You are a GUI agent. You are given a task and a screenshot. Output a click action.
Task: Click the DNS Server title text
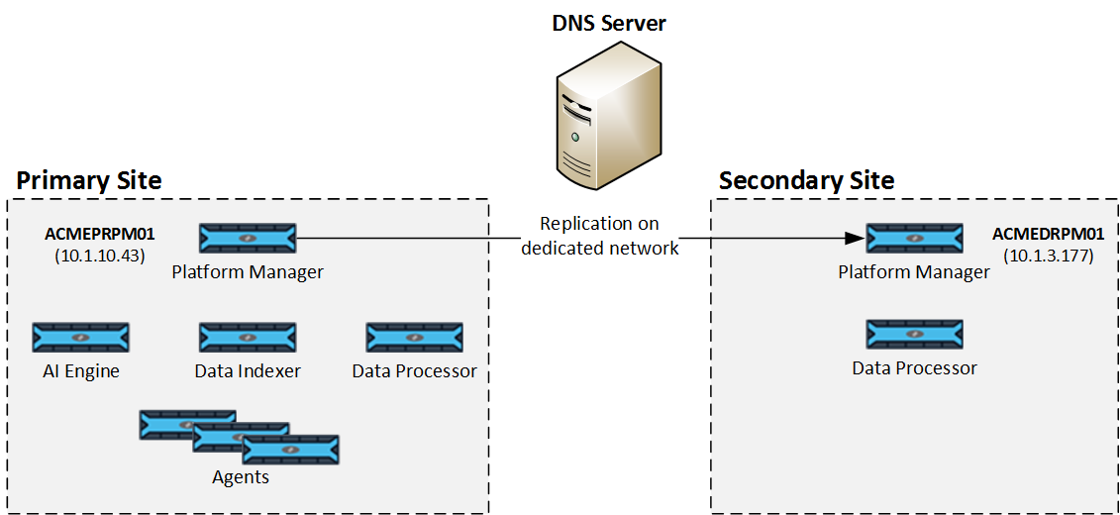pyautogui.click(x=608, y=23)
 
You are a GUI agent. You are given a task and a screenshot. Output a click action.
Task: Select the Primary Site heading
pyautogui.click(x=89, y=180)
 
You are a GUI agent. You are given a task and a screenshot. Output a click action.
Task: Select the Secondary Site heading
pyautogui.click(x=806, y=180)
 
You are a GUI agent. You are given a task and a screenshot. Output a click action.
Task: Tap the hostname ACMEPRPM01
pyautogui.click(x=100, y=235)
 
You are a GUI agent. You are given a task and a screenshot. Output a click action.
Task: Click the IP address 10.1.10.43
pyautogui.click(x=100, y=256)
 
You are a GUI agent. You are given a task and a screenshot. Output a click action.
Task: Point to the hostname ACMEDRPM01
pyautogui.click(x=1048, y=235)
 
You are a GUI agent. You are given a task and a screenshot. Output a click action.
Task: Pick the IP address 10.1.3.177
pyautogui.click(x=1048, y=256)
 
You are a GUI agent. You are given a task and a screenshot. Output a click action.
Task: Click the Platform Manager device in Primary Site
pyautogui.click(x=248, y=239)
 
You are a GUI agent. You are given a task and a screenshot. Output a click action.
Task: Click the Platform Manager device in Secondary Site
pyautogui.click(x=914, y=239)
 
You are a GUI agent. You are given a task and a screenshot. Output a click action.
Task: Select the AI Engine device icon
pyautogui.click(x=81, y=338)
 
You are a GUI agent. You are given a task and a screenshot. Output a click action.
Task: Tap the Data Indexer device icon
pyautogui.click(x=248, y=338)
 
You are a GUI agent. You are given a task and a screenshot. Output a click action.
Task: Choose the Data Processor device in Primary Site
pyautogui.click(x=414, y=338)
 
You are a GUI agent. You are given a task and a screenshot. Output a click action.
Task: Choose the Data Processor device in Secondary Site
pyautogui.click(x=914, y=335)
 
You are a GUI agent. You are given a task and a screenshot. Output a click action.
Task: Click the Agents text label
pyautogui.click(x=241, y=477)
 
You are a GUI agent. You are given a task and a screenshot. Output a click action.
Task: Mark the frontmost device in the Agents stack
pyautogui.click(x=290, y=451)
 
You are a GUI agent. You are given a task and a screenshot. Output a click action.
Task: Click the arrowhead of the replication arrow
pyautogui.click(x=856, y=239)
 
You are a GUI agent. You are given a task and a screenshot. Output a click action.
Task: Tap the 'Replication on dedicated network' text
pyautogui.click(x=600, y=236)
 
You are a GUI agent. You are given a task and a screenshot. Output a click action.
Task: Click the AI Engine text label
pyautogui.click(x=81, y=371)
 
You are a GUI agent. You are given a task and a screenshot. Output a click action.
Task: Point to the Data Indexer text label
pyautogui.click(x=248, y=371)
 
